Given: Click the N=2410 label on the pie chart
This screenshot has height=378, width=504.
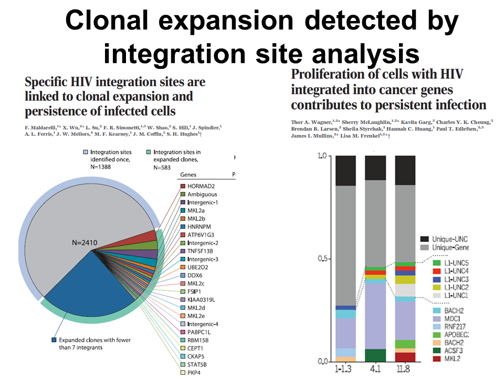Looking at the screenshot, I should [90, 243].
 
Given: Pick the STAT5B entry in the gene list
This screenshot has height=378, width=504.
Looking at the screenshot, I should [201, 364].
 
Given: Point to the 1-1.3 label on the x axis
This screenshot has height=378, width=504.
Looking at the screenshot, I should [346, 370].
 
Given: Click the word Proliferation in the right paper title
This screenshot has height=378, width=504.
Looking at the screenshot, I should [327, 74].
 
